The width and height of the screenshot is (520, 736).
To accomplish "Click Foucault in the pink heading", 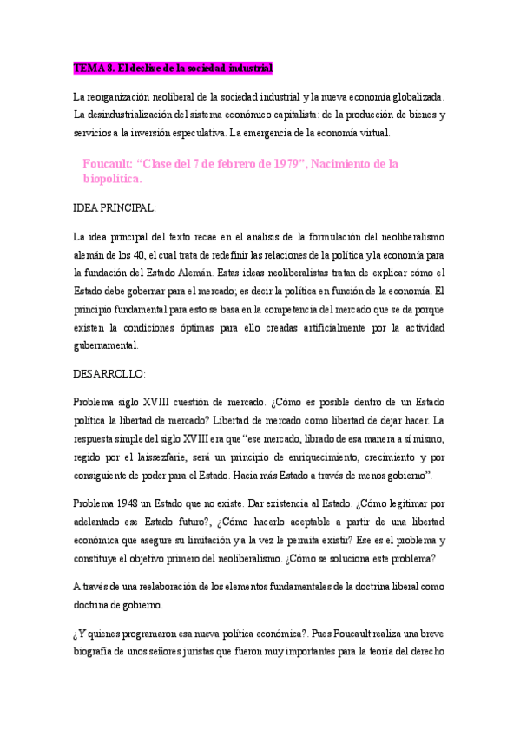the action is pyautogui.click(x=109, y=163).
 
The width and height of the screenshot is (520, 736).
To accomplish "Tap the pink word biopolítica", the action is pyautogui.click(x=112, y=180).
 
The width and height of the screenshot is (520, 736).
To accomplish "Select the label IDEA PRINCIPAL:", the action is pyautogui.click(x=115, y=208).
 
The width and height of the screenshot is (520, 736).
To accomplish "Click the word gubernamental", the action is pyautogui.click(x=106, y=345).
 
